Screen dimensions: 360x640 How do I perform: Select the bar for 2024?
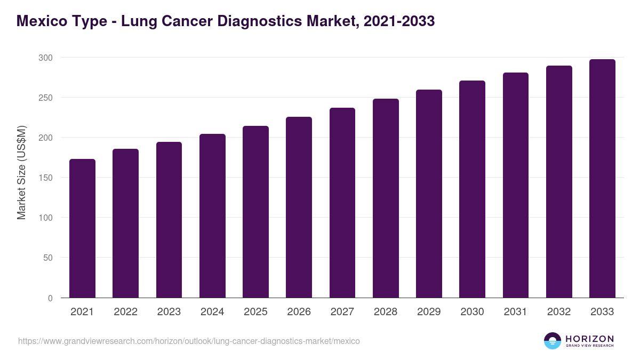[212, 216]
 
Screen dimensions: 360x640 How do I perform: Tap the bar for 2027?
[342, 203]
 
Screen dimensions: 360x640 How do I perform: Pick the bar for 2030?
[473, 189]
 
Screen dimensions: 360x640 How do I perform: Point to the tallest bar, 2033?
[602, 179]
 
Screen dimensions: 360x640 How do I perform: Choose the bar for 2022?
[125, 223]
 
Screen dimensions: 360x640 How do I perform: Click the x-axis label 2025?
[255, 312]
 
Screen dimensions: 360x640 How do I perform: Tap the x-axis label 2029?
[429, 312]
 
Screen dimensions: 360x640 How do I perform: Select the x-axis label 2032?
[559, 312]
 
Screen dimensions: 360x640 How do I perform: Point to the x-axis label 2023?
[169, 312]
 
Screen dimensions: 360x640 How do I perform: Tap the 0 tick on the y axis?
[50, 298]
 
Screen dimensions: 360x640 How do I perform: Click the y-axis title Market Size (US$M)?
[21, 172]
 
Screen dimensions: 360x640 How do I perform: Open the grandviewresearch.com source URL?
[189, 341]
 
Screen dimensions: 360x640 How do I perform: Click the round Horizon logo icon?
[553, 341]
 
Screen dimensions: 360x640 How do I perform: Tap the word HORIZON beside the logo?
[590, 338]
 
